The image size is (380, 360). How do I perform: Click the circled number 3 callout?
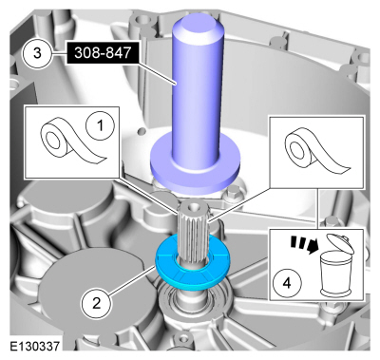37,53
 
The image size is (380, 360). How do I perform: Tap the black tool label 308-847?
103,52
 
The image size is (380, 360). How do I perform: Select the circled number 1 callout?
100,126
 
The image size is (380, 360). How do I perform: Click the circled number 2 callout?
97,304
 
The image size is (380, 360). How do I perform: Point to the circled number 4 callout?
287,283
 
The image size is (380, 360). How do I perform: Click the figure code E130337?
34,346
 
